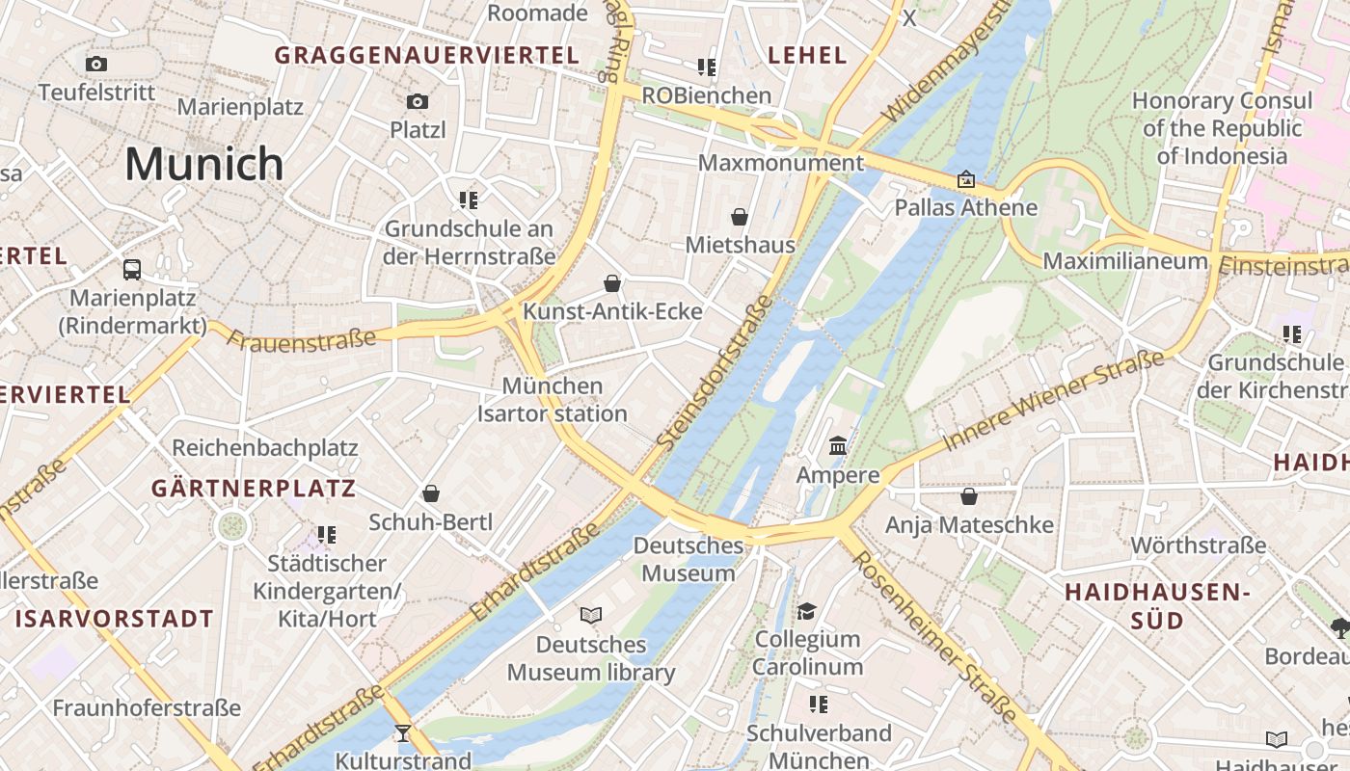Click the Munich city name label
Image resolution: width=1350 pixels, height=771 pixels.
(x=204, y=164)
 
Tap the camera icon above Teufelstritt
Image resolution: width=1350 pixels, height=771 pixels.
(x=96, y=65)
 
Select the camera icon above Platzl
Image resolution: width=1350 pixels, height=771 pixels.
(x=418, y=101)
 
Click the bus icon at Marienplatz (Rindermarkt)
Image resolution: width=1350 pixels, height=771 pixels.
(x=132, y=270)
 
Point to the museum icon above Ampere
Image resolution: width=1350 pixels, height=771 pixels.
(x=838, y=446)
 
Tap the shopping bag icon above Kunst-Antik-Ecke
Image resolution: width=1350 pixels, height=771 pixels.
(x=612, y=283)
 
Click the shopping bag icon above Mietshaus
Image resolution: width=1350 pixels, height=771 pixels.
(x=740, y=217)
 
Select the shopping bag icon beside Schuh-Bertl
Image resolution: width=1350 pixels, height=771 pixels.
(x=431, y=494)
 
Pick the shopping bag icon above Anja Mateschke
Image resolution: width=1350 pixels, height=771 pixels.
(x=969, y=497)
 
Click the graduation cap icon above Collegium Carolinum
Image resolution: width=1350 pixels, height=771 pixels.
(x=806, y=611)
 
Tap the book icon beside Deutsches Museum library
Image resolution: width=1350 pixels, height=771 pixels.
(x=591, y=615)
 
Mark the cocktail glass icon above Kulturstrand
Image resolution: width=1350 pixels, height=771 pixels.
(x=403, y=733)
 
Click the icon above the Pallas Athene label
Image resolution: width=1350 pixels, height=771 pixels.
(x=965, y=179)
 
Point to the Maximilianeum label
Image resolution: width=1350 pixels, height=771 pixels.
(x=1124, y=261)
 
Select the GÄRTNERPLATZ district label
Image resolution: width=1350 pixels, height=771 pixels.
(x=254, y=489)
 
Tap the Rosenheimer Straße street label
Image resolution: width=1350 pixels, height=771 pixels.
(x=934, y=637)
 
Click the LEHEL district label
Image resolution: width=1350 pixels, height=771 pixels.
(x=807, y=56)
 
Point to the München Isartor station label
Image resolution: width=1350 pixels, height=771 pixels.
(x=553, y=400)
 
